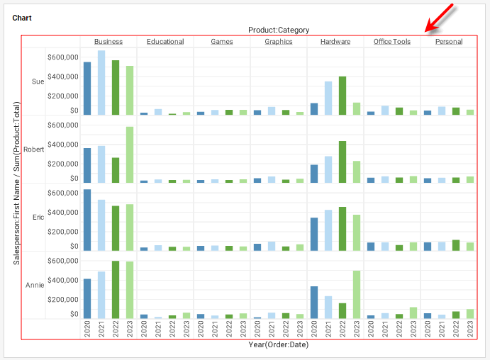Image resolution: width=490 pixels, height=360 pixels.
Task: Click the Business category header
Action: [108, 42]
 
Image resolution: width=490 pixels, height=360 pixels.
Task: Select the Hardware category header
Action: [335, 42]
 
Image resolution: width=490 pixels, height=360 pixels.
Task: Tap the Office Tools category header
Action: [391, 42]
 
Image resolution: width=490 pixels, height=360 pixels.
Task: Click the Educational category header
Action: [165, 42]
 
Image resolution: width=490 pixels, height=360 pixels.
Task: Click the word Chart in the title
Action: [21, 18]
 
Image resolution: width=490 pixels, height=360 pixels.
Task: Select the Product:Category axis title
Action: [278, 30]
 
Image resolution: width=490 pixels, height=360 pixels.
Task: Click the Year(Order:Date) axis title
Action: [278, 345]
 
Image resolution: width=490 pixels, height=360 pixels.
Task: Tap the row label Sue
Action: [38, 81]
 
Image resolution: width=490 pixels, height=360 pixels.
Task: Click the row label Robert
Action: [34, 150]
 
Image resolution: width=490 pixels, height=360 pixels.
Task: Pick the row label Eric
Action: [38, 217]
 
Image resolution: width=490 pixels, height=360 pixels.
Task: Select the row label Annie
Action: [35, 285]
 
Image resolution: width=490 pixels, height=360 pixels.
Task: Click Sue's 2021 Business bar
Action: [101, 82]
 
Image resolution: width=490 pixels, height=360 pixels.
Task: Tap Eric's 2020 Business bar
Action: [87, 220]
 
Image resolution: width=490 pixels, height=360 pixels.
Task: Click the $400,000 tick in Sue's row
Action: [63, 76]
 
